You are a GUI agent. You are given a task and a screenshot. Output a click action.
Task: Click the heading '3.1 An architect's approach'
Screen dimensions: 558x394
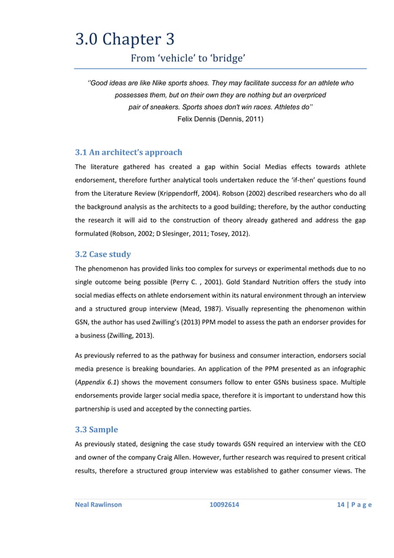(x=128, y=152)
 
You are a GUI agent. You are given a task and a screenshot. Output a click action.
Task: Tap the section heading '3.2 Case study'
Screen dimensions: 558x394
(x=102, y=254)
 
